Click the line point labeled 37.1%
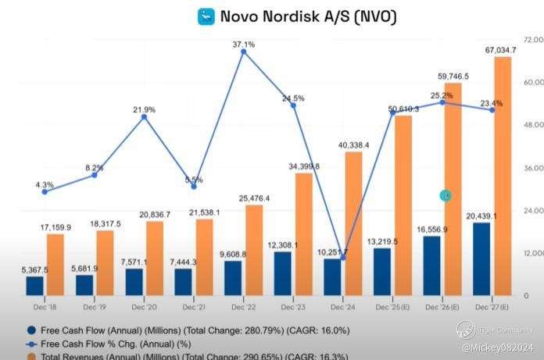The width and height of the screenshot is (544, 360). click(x=244, y=52)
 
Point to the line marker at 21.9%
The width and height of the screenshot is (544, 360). click(x=144, y=117)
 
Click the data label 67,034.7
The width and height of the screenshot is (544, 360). click(x=500, y=50)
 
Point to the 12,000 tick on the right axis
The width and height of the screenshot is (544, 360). click(x=533, y=254)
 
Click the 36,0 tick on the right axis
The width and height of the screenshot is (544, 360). click(x=533, y=167)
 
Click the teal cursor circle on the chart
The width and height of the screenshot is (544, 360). click(x=446, y=195)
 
